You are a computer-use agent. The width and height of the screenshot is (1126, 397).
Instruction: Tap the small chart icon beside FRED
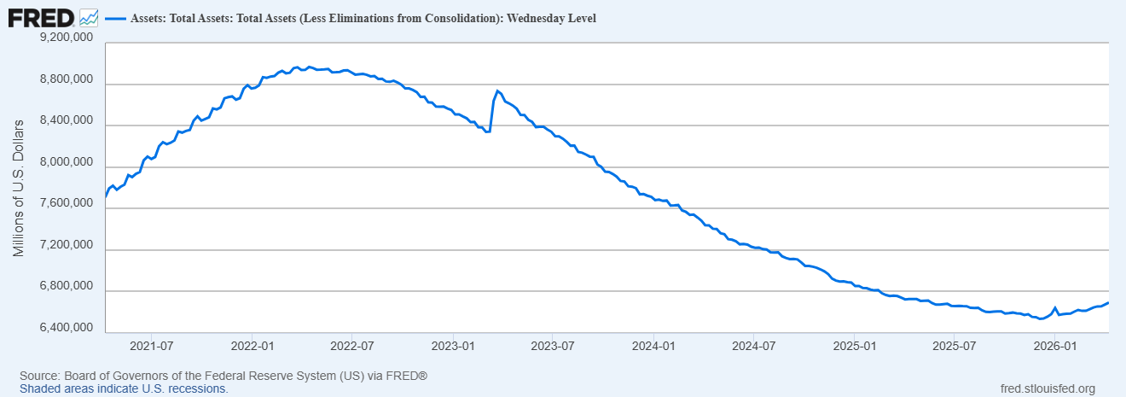[x=89, y=16]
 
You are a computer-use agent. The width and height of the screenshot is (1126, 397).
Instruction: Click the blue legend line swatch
[x=114, y=18]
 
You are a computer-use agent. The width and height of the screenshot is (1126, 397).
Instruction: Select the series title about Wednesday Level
[x=363, y=18]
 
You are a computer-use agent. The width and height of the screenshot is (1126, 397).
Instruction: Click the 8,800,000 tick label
[x=67, y=80]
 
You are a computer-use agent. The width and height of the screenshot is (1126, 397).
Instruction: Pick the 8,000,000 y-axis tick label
[x=67, y=163]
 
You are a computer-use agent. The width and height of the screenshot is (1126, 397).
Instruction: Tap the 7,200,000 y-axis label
[x=67, y=246]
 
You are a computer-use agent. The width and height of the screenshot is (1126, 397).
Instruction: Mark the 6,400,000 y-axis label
[x=67, y=329]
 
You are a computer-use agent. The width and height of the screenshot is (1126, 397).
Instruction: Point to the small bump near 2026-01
[x=1055, y=308]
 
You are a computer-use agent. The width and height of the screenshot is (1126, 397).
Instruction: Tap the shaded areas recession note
[x=124, y=388]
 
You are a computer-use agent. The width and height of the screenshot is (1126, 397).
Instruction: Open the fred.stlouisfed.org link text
[x=1047, y=388]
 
